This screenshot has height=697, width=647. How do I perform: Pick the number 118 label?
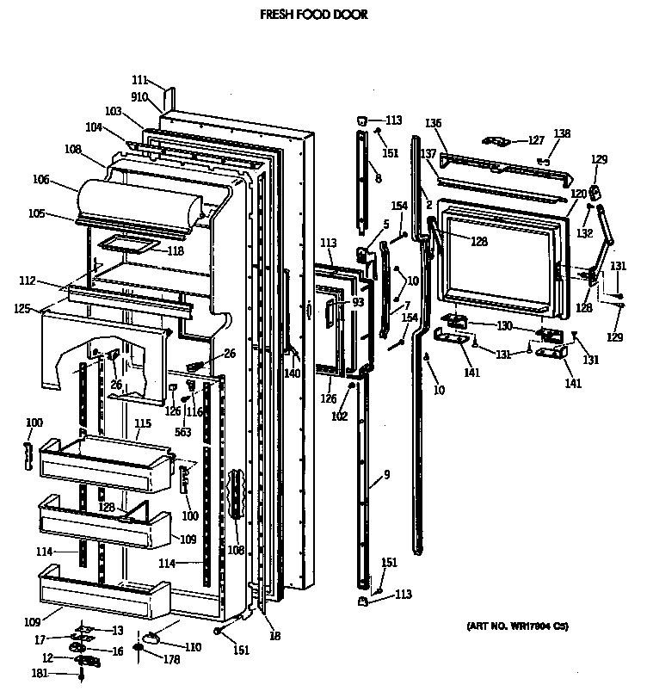[x=175, y=251]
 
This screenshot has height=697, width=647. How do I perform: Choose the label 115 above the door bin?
[x=143, y=423]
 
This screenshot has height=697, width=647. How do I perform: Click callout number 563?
[x=183, y=434]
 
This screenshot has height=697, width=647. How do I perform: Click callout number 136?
[x=434, y=123]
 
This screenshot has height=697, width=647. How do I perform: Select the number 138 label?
[x=562, y=133]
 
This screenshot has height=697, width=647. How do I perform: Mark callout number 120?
[x=579, y=194]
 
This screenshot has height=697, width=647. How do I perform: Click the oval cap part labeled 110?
[x=152, y=637]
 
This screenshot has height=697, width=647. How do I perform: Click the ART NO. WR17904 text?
[x=517, y=626]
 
